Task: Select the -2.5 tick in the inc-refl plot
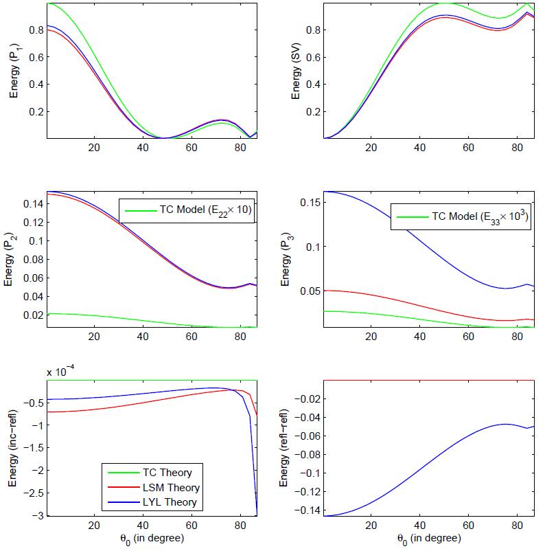click(x=34, y=493)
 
